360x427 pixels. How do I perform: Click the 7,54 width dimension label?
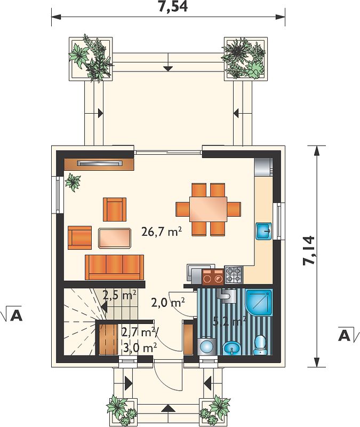173,7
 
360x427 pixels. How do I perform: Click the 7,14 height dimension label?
309,250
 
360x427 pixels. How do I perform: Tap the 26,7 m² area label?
162,232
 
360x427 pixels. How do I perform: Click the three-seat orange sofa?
115,267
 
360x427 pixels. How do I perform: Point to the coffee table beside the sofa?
115,239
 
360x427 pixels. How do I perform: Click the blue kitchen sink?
263,232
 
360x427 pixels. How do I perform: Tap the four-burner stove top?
234,275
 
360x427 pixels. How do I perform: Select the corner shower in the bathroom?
259,303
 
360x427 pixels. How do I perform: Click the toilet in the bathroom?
260,345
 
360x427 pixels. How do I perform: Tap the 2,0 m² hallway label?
168,303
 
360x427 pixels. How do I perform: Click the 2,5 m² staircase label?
119,295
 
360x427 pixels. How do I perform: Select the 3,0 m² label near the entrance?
140,347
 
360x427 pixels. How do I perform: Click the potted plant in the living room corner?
73,181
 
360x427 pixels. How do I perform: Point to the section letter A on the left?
16,315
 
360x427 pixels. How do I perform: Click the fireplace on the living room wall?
99,164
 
